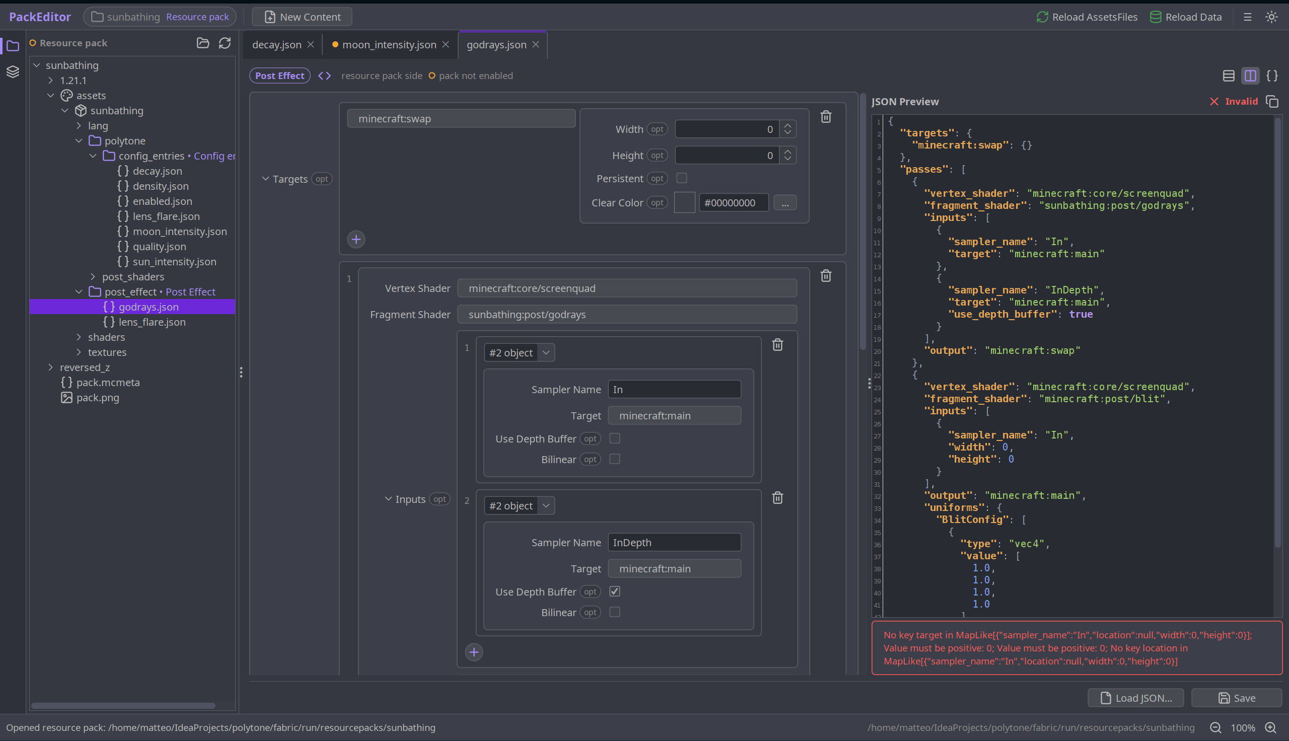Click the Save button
click(x=1236, y=698)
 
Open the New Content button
click(x=302, y=17)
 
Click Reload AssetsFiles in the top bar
click(x=1087, y=17)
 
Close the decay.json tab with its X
click(x=311, y=45)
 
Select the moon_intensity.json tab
click(x=389, y=45)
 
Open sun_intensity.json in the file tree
click(x=174, y=262)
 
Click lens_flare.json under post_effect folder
click(x=152, y=322)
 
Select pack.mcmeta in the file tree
click(x=107, y=383)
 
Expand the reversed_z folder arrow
click(x=50, y=367)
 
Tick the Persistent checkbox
click(x=681, y=178)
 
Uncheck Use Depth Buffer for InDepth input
click(x=615, y=591)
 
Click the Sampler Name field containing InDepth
click(x=674, y=543)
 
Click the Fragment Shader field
click(x=627, y=315)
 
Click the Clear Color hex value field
click(x=733, y=202)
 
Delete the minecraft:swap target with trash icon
click(x=825, y=117)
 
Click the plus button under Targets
click(x=356, y=240)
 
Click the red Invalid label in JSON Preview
click(x=1241, y=101)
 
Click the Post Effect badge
click(x=279, y=76)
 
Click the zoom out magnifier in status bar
click(x=1215, y=727)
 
